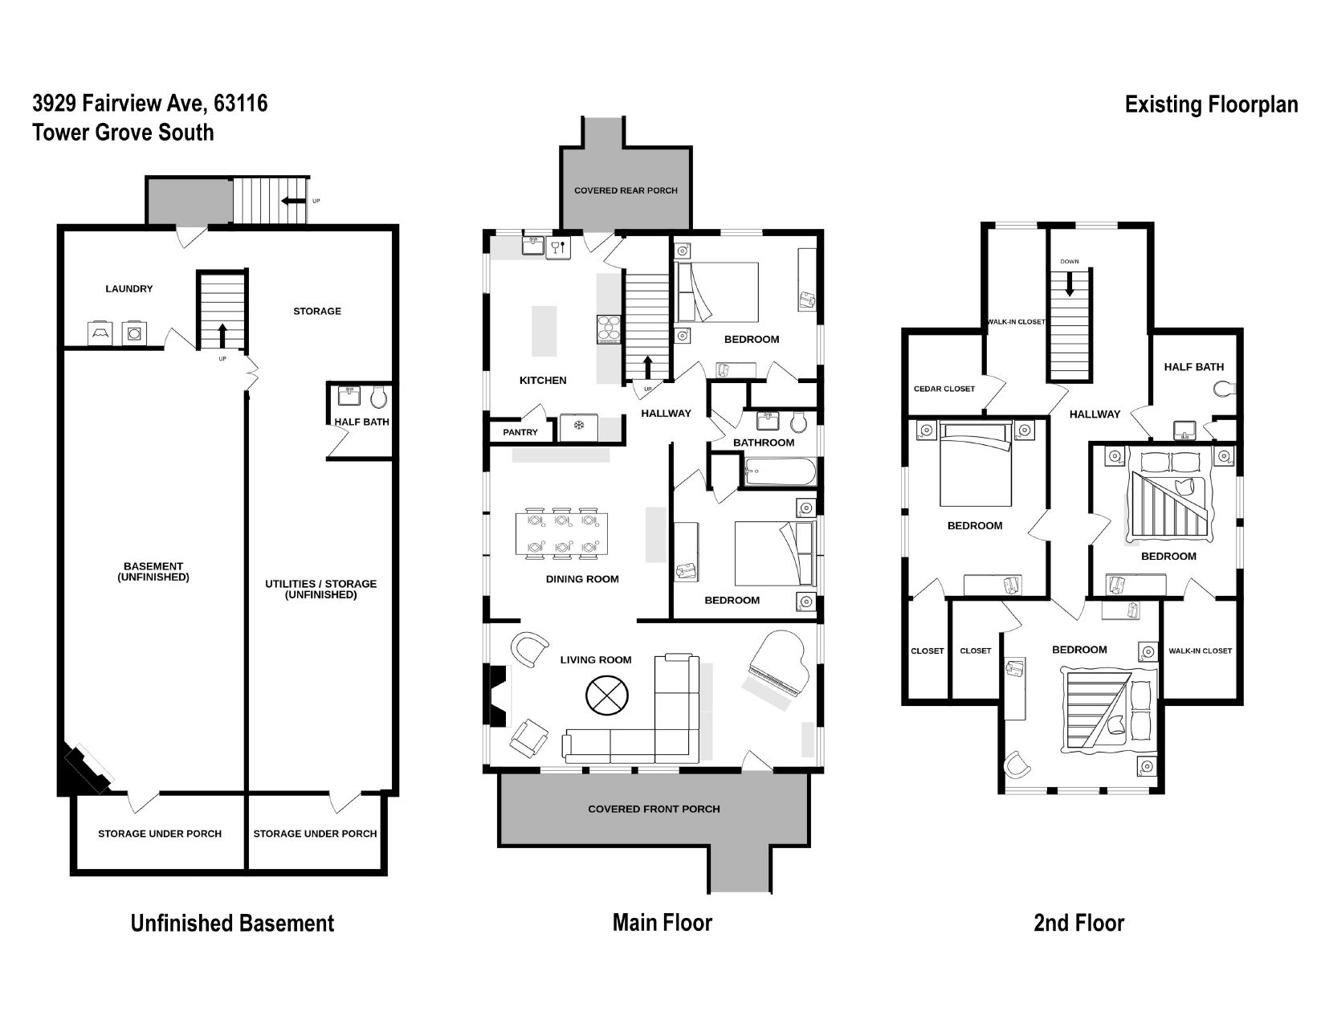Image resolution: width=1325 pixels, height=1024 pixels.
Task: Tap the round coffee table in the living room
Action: (607, 696)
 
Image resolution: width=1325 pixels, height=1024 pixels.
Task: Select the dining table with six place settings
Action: (561, 533)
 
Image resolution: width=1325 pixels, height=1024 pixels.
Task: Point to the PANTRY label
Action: (520, 432)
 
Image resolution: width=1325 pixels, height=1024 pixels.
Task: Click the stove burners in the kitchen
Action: (609, 328)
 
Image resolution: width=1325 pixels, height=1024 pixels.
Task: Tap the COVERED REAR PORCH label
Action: (626, 191)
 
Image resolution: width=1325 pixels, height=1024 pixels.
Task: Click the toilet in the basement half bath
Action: (379, 397)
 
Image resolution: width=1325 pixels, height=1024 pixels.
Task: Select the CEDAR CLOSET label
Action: (944, 389)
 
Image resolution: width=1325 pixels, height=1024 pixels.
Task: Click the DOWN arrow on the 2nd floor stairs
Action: (1069, 284)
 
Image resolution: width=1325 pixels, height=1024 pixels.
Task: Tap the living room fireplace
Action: (495, 696)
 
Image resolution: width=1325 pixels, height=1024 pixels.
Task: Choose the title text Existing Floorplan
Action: (1211, 105)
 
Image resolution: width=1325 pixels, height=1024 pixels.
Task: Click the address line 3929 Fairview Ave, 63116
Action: (150, 104)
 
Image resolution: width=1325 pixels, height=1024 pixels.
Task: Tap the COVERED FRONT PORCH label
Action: (654, 810)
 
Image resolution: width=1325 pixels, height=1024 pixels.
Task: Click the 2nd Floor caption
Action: (1078, 923)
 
